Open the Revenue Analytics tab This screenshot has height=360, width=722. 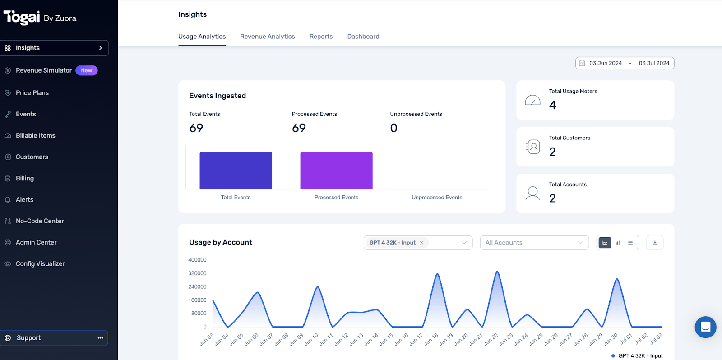click(x=267, y=37)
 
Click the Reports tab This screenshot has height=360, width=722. click(x=321, y=37)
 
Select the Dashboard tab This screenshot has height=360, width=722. click(x=363, y=37)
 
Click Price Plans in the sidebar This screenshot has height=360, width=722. click(x=32, y=93)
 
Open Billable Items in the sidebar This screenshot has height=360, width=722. click(x=35, y=135)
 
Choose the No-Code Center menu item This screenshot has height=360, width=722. click(x=40, y=221)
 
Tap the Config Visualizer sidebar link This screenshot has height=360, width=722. click(x=40, y=264)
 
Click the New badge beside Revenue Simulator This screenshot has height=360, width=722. click(x=87, y=70)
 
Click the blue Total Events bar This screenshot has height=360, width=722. click(x=236, y=171)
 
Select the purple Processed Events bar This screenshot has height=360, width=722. click(x=336, y=171)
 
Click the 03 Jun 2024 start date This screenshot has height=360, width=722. click(x=605, y=63)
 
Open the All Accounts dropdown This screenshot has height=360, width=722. click(x=534, y=243)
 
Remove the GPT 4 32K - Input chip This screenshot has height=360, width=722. click(x=421, y=243)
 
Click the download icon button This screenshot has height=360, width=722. click(x=655, y=243)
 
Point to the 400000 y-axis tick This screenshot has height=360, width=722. click(x=197, y=260)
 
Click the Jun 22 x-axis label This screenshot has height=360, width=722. click(x=491, y=339)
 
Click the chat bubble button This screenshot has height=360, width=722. click(x=705, y=327)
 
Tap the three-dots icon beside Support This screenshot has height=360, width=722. click(x=100, y=338)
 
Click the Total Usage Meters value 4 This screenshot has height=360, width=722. click(x=552, y=105)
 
